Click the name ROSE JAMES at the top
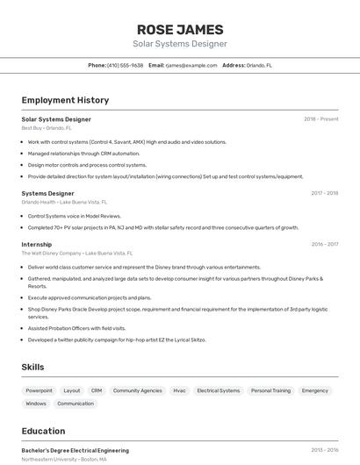tap(180, 29)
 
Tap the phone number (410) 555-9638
tap(125, 65)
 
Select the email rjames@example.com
tap(191, 65)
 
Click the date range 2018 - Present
tap(321, 119)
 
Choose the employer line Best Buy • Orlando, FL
tap(46, 128)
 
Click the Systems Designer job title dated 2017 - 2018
tap(47, 193)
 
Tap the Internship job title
tap(36, 244)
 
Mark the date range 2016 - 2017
tap(324, 244)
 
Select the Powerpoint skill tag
tap(39, 390)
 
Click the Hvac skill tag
tap(179, 390)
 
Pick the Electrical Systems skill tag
tap(218, 390)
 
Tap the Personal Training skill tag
tap(270, 390)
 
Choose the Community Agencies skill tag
tap(138, 390)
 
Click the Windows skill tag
tap(36, 404)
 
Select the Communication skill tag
tap(76, 404)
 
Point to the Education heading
tap(43, 431)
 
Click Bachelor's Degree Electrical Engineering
tap(76, 450)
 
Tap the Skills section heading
tap(32, 367)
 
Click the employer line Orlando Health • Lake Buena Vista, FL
tap(64, 202)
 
